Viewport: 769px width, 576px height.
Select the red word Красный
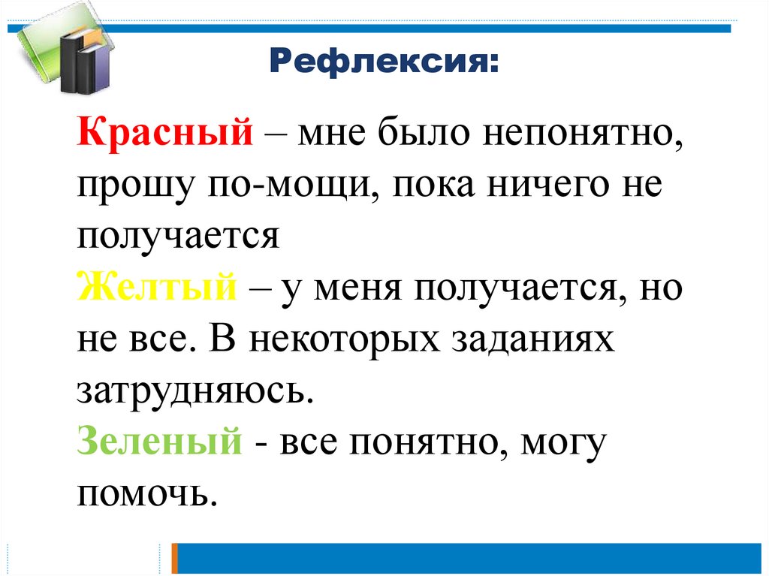coord(163,135)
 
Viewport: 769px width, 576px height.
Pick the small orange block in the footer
coord(174,559)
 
